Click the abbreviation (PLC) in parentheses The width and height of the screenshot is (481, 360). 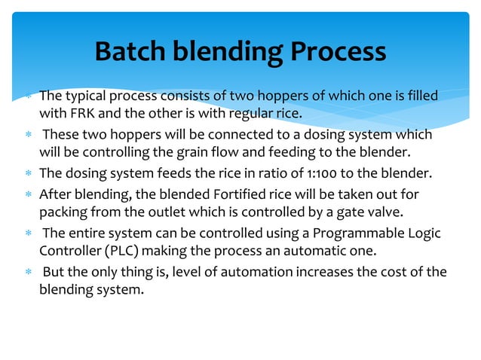(119, 252)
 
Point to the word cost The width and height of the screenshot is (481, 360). (393, 271)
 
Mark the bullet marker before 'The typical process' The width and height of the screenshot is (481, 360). (26, 96)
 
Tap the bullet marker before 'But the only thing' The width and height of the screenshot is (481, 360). (26, 272)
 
